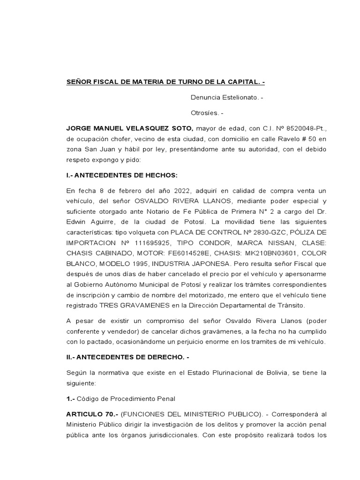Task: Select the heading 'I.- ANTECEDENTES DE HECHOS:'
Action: (x=122, y=175)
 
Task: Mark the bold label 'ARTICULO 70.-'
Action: (x=92, y=414)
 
